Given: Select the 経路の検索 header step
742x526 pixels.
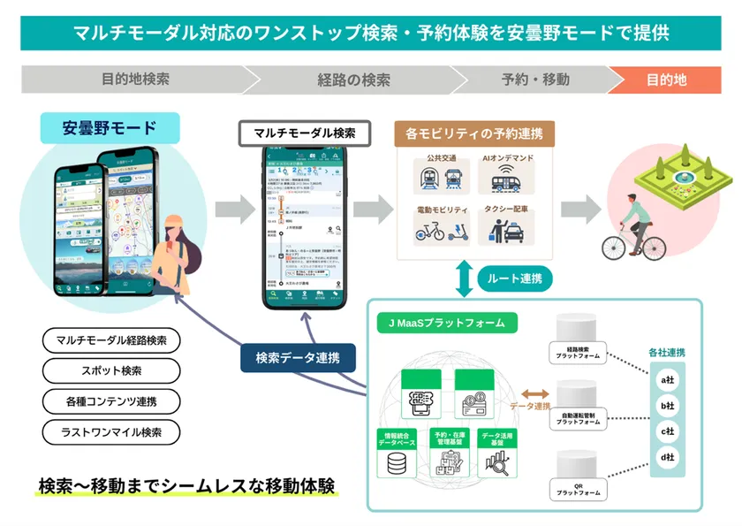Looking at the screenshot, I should point(353,80).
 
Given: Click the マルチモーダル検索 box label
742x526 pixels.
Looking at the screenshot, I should point(304,133).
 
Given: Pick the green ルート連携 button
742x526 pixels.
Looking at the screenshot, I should point(515,278).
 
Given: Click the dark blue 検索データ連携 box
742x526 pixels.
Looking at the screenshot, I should point(299,358).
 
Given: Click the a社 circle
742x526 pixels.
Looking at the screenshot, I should point(668,379).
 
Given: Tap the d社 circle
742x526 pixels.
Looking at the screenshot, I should point(668,457).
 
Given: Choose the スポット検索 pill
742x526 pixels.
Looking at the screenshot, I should point(110,370).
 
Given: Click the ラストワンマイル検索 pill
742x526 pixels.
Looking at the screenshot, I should point(110,432).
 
